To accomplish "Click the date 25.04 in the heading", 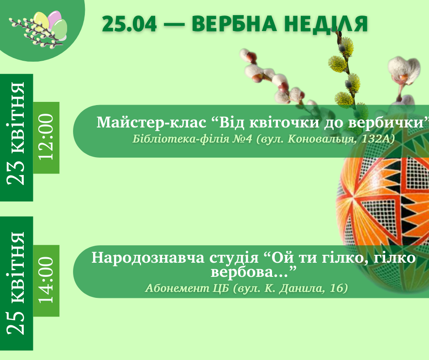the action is point(129,24).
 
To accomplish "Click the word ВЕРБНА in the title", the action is point(234,24).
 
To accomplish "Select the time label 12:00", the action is point(46,137).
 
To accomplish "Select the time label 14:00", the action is point(46,280).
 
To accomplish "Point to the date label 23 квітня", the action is point(16,133).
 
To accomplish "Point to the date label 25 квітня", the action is point(16,283).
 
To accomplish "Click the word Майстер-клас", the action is point(152,122).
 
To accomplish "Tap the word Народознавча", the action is point(148,258).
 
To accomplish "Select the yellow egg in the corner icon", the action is point(42,21).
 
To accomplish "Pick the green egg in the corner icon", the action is point(59,29).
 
